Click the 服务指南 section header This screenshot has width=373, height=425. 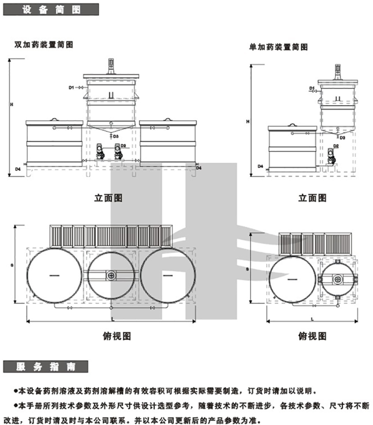45,366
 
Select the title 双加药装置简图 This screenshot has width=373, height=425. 44,45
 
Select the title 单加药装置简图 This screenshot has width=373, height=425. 278,47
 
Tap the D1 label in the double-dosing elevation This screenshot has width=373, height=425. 71,87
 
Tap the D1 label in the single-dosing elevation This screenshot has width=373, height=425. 311,88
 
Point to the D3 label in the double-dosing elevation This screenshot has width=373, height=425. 116,136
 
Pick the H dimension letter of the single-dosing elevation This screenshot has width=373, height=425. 247,121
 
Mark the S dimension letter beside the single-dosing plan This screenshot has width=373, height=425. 247,269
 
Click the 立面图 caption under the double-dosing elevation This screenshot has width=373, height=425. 109,198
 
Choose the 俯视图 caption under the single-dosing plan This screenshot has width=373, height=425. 312,336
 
